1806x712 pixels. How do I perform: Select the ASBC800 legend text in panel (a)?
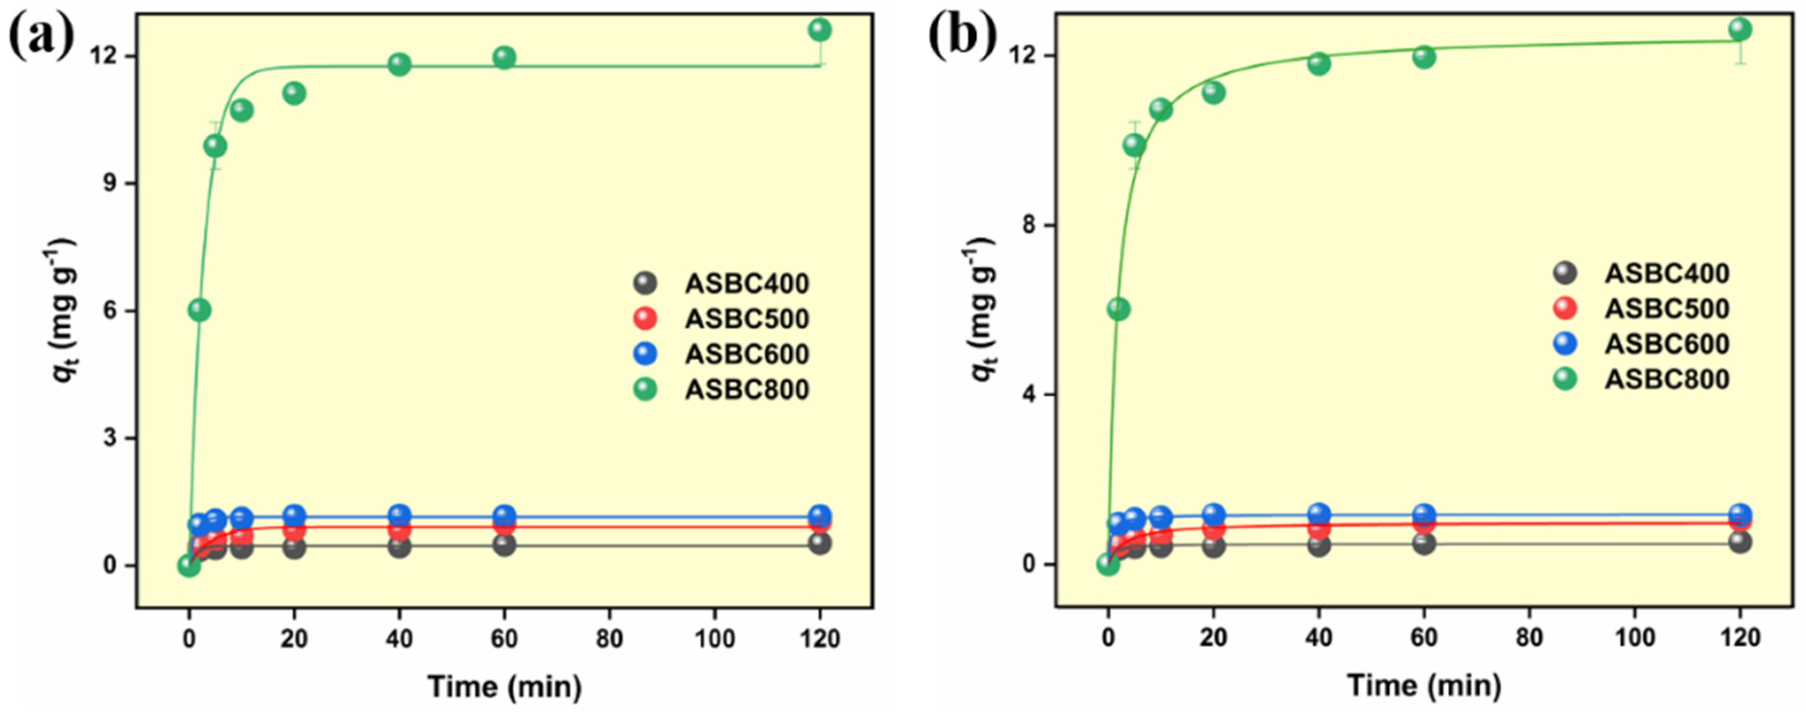747,390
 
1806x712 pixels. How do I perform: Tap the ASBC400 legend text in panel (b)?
1667,273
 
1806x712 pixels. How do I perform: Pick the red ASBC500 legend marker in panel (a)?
645,319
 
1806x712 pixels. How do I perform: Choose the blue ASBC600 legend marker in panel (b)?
1565,344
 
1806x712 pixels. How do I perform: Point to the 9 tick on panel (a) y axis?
111,184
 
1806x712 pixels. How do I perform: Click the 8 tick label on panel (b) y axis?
1029,226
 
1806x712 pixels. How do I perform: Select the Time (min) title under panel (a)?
505,686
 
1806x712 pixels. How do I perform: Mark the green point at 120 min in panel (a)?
820,30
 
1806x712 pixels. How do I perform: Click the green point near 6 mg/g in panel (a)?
200,310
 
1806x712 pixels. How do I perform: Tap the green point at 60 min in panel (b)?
1424,58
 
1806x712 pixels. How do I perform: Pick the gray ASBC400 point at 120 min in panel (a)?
820,543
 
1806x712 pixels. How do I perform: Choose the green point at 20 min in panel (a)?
294,93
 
